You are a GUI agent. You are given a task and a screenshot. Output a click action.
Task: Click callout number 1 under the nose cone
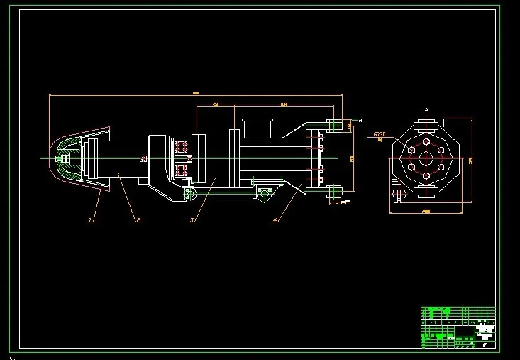click(89, 220)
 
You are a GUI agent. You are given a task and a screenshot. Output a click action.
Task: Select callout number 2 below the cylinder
click(139, 220)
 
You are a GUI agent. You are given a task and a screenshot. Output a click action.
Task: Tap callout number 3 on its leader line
click(192, 220)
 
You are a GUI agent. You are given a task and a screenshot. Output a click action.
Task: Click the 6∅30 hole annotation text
click(380, 134)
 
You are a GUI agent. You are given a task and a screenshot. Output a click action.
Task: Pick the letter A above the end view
click(426, 111)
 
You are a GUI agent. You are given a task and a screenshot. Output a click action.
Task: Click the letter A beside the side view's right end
click(360, 120)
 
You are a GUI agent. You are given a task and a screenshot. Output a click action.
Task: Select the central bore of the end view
click(426, 160)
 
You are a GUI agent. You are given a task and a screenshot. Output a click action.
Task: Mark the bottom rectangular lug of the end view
click(426, 192)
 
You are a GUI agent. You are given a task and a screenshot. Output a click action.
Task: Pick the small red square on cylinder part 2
click(143, 158)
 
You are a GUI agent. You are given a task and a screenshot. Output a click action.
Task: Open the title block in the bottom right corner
click(458, 327)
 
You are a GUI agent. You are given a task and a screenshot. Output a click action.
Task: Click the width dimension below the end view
click(426, 212)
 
